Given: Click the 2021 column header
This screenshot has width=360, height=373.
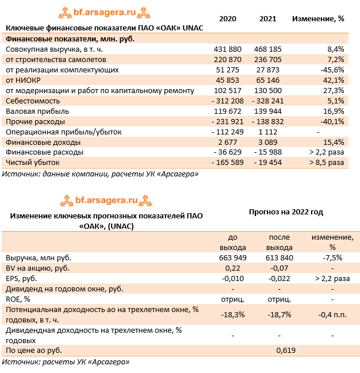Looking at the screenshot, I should (x=267, y=18).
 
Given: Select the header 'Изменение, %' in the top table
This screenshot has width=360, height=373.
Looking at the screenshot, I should (x=318, y=18).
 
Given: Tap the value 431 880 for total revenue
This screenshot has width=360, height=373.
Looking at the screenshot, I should (x=227, y=49).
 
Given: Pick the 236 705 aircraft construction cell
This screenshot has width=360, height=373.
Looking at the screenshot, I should (x=267, y=59).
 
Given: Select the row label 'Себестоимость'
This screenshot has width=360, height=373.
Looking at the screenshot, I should (x=32, y=101).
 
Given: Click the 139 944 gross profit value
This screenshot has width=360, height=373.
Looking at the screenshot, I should (x=267, y=111).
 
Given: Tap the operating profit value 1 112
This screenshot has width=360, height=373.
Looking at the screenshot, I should (x=267, y=132).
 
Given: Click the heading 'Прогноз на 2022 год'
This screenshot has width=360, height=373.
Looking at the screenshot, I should (x=286, y=212).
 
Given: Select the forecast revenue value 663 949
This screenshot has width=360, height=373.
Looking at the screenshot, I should (x=232, y=257).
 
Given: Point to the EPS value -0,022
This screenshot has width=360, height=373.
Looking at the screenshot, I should (x=279, y=278).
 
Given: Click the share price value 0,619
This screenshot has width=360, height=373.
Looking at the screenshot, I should (x=286, y=349).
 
